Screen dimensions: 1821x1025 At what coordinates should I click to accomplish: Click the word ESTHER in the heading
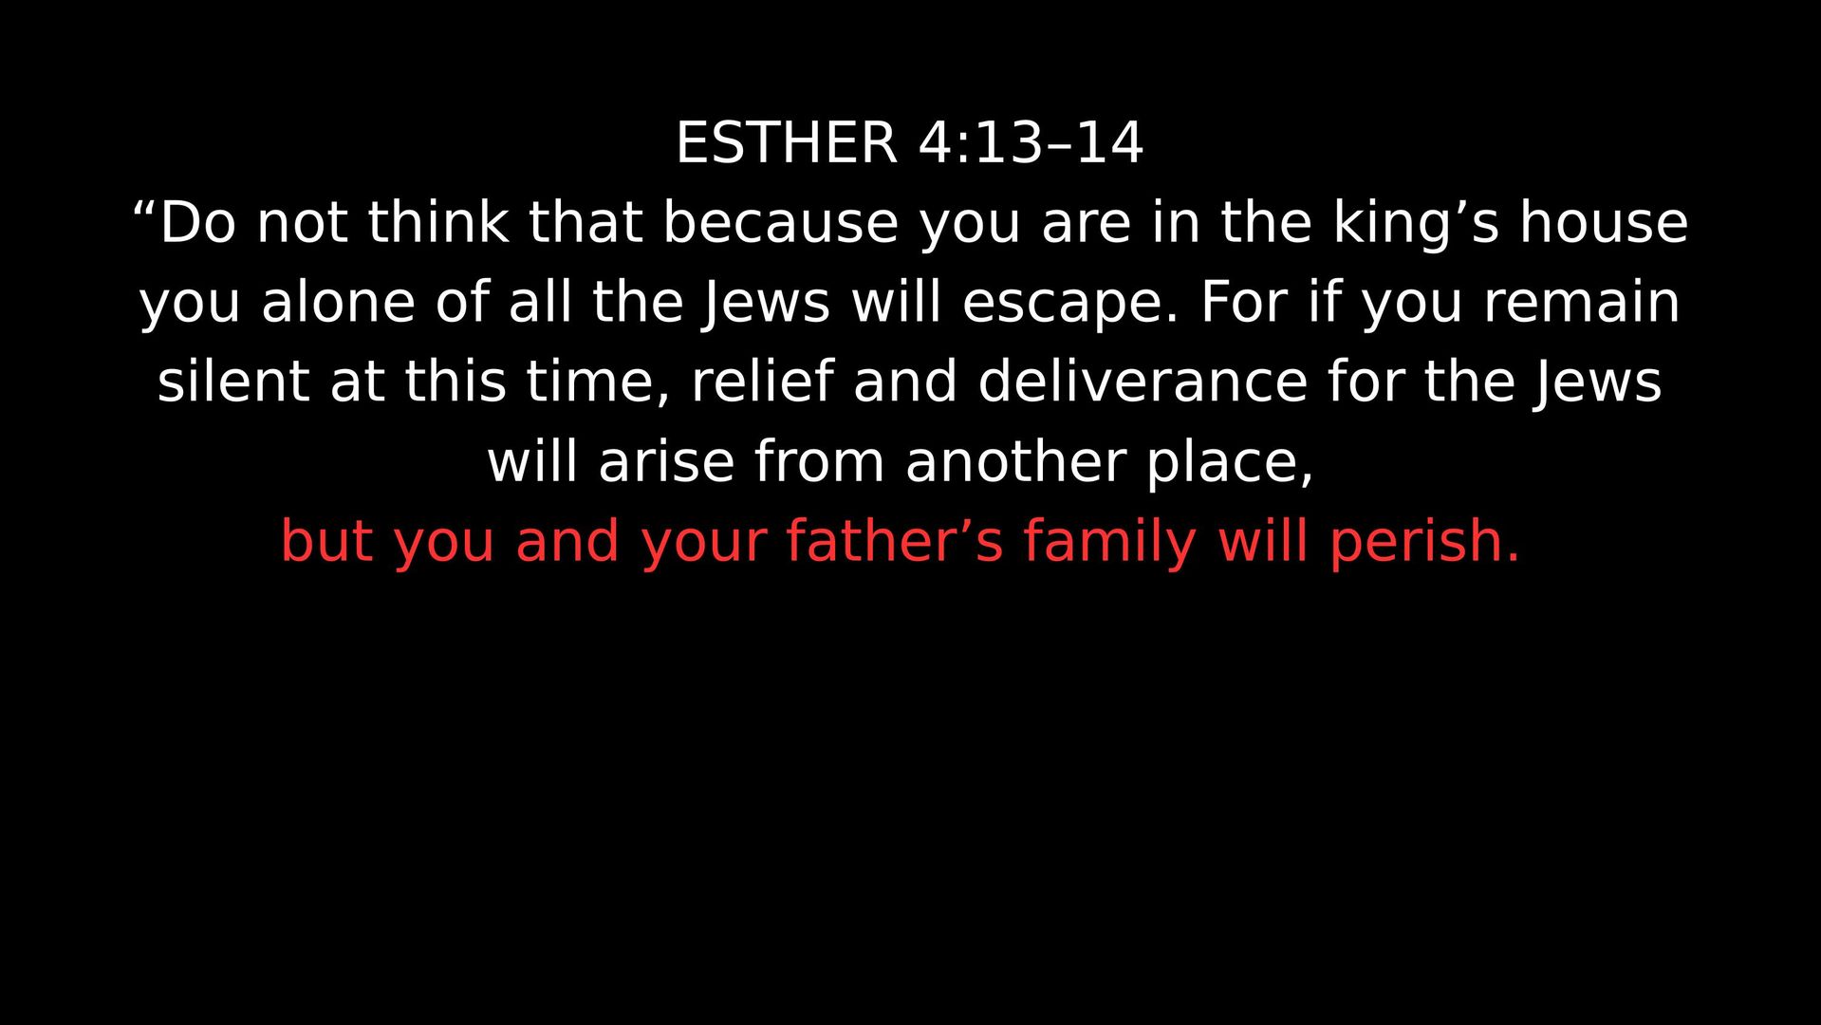786,143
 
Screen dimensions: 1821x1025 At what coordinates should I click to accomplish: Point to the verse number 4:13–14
1031,143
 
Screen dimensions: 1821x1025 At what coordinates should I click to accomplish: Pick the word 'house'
1604,222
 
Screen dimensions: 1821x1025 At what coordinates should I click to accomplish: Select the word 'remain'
1582,302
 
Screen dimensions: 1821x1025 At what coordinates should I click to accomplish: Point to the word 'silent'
233,382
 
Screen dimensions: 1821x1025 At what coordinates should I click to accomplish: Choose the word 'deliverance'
1143,382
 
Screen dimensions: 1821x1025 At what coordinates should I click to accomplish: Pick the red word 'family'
1109,543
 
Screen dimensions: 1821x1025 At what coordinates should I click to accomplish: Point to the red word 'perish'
1416,543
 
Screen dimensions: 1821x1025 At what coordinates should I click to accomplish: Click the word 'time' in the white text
590,382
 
